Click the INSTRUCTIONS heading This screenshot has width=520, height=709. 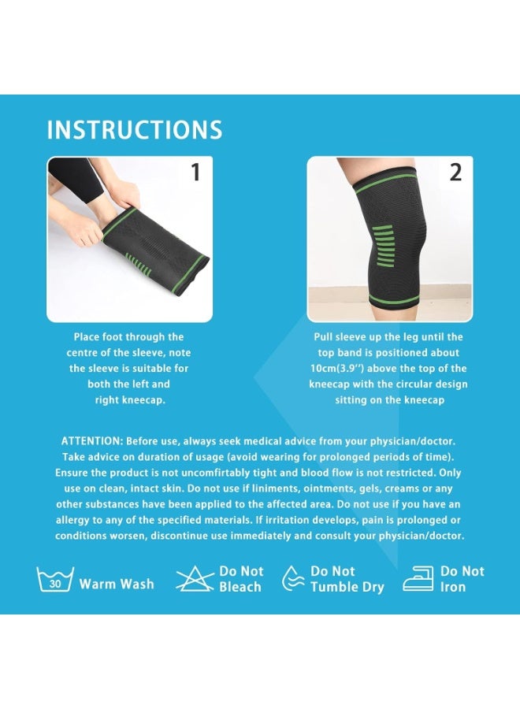135,130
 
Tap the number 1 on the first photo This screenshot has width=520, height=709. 195,173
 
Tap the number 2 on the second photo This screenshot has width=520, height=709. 455,173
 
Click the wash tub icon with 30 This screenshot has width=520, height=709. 55,579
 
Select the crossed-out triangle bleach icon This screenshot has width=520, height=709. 195,579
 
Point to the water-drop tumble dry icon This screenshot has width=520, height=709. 293,579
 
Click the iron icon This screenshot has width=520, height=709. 418,579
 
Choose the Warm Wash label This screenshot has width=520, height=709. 117,584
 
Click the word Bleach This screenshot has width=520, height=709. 240,587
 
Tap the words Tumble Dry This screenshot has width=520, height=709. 347,588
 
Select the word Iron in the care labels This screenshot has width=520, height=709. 452,587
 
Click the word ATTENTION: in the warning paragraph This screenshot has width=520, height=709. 92,441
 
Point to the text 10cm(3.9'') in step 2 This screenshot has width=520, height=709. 337,369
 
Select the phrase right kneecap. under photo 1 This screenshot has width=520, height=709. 130,400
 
